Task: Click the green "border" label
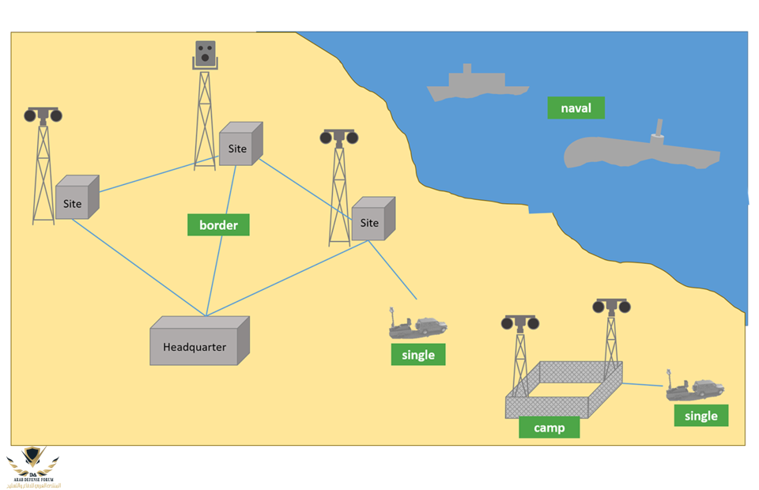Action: point(218,225)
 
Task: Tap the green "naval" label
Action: point(576,108)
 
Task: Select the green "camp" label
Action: point(549,428)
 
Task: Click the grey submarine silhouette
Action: point(640,152)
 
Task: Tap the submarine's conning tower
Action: point(657,134)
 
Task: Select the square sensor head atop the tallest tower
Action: point(206,55)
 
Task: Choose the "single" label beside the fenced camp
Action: point(700,416)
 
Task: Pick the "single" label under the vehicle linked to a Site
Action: point(418,355)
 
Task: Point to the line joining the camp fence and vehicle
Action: point(643,385)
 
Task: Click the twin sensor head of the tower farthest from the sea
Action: point(43,115)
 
